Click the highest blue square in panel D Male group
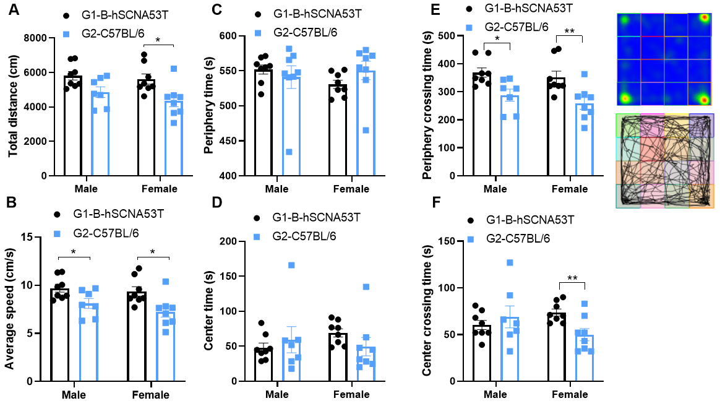(x=291, y=265)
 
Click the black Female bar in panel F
(x=557, y=347)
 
